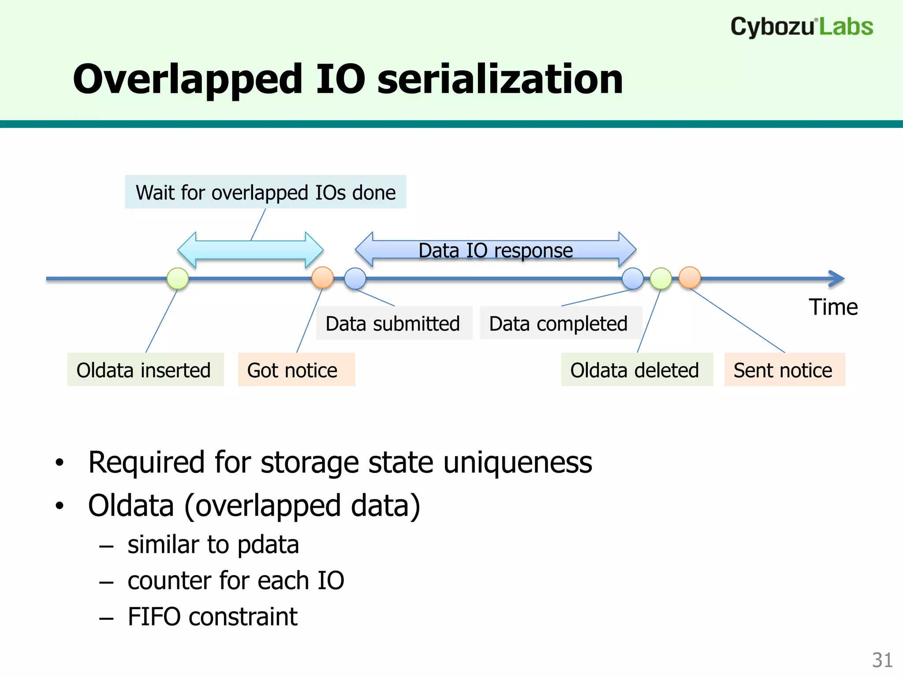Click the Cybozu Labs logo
click(x=801, y=27)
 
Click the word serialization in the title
click(x=500, y=79)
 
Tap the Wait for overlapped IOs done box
click(x=265, y=192)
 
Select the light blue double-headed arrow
click(x=250, y=250)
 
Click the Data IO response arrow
click(x=495, y=250)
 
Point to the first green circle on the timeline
click(x=178, y=279)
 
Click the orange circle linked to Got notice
click(x=322, y=278)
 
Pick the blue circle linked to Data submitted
click(x=355, y=279)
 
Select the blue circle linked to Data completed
click(x=633, y=279)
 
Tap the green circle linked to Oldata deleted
click(x=661, y=279)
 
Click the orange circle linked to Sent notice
click(x=690, y=278)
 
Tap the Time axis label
click(x=833, y=307)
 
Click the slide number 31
click(x=882, y=660)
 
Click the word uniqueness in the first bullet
click(x=517, y=463)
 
